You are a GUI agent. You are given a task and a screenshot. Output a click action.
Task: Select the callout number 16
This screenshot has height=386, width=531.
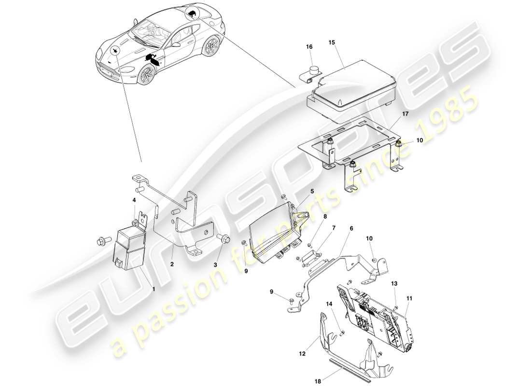point(309,47)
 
